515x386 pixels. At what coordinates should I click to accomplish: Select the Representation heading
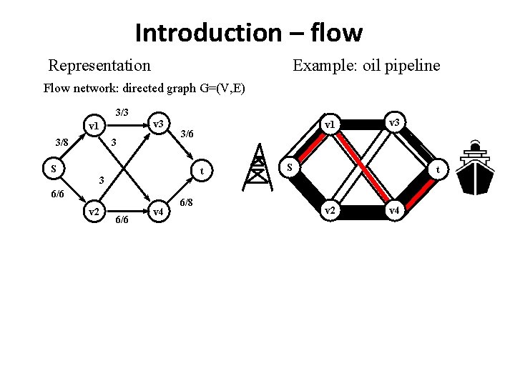point(99,66)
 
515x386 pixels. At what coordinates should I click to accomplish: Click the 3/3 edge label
point(122,112)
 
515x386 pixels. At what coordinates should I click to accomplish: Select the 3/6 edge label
point(187,133)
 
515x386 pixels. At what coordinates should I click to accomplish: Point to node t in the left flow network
point(203,170)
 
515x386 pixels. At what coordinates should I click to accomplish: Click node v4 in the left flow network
point(159,212)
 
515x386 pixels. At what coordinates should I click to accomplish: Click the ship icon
point(474,169)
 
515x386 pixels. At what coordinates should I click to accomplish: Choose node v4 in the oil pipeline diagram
point(394,210)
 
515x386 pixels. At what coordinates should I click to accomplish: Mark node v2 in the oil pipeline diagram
point(330,210)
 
